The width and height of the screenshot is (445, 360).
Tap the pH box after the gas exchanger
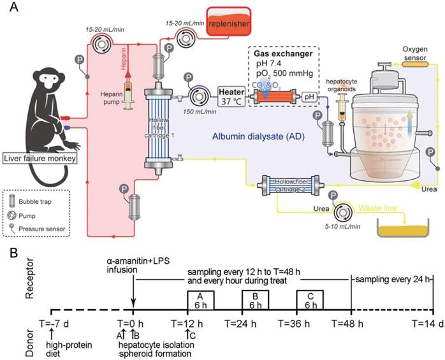310,97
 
